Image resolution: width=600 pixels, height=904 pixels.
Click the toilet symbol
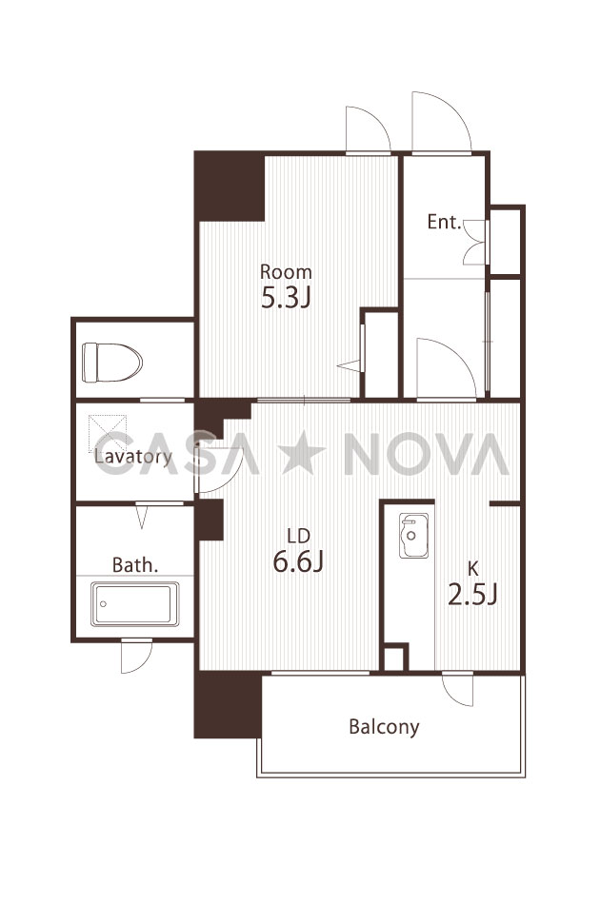tap(112, 362)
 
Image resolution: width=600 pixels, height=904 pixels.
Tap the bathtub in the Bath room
tap(134, 603)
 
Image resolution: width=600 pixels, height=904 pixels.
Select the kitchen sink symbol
tap(413, 535)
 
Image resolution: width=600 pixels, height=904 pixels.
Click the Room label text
tap(286, 271)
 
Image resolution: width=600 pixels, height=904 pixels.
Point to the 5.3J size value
tap(286, 298)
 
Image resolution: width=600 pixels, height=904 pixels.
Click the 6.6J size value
tap(298, 561)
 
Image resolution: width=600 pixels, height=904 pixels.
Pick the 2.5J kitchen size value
tap(472, 595)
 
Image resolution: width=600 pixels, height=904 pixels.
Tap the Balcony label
tap(384, 726)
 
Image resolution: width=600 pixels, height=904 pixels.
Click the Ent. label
tap(444, 222)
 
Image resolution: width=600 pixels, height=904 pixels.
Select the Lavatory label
tap(133, 457)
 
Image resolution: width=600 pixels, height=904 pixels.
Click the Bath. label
tap(135, 565)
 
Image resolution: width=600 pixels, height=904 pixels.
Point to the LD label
tap(299, 536)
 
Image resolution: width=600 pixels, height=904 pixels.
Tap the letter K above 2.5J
tap(472, 569)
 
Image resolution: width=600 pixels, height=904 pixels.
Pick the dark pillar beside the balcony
tap(228, 704)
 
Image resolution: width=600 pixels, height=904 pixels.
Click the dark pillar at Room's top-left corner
tap(230, 187)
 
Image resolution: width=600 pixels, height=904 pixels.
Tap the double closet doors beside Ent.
tap(474, 242)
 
